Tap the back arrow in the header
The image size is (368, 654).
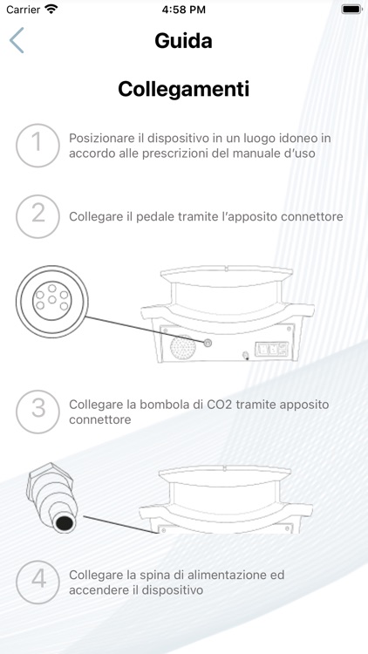click(17, 40)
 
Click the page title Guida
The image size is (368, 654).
click(183, 41)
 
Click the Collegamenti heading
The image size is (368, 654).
click(184, 89)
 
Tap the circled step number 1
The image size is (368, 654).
click(37, 146)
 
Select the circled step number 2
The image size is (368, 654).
click(37, 216)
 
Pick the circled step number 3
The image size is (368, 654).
click(37, 412)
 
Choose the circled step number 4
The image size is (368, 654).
click(37, 582)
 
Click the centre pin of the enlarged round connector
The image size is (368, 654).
click(52, 300)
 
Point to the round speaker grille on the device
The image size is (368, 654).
click(183, 347)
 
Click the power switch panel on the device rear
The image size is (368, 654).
click(272, 348)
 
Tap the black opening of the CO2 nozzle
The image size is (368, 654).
click(65, 523)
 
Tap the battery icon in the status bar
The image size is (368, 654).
click(351, 10)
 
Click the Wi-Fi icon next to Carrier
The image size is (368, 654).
click(51, 10)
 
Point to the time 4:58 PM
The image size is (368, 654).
click(184, 10)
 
